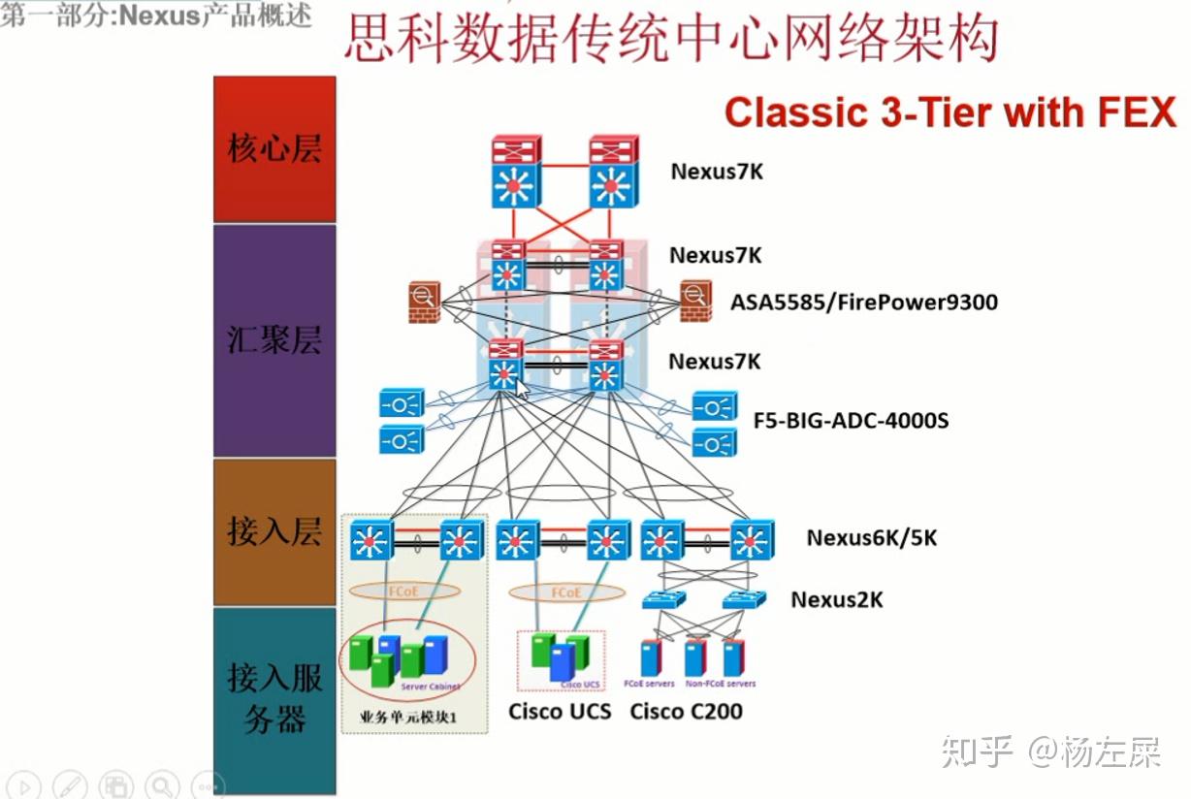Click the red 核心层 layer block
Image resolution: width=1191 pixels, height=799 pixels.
274,150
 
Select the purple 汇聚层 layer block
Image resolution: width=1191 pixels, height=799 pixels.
274,340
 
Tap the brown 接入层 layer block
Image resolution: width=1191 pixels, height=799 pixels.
274,531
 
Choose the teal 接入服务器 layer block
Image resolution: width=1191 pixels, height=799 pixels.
274,698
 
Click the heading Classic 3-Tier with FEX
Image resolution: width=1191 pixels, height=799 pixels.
950,112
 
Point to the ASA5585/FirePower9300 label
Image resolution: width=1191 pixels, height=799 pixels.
864,302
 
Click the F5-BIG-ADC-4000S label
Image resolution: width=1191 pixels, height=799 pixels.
851,421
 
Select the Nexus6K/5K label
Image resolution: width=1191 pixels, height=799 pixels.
871,537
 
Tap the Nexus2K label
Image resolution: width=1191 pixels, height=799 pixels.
836,599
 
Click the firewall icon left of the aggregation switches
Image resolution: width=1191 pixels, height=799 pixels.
425,302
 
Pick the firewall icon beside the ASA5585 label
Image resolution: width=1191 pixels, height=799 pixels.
695,302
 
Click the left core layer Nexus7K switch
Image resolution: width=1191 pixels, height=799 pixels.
511,173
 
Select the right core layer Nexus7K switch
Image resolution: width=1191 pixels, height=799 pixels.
610,173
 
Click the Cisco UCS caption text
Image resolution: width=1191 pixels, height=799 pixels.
560,712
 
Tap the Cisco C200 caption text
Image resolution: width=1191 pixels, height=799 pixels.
686,712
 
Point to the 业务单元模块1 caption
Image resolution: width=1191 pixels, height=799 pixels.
407,719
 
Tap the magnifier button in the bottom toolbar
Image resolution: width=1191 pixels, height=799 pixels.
162,785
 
